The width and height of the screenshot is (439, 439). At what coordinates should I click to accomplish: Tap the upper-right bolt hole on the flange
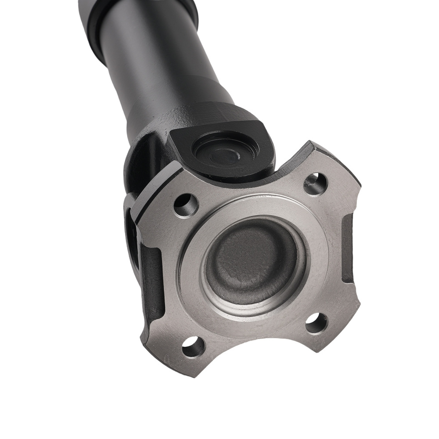click(316, 183)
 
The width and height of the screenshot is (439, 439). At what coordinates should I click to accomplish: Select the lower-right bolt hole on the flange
click(316, 324)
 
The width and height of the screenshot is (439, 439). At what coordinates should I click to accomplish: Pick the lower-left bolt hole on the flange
click(194, 347)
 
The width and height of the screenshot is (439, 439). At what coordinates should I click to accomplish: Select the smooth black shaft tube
click(154, 57)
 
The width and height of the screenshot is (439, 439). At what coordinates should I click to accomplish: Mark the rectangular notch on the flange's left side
click(151, 281)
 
